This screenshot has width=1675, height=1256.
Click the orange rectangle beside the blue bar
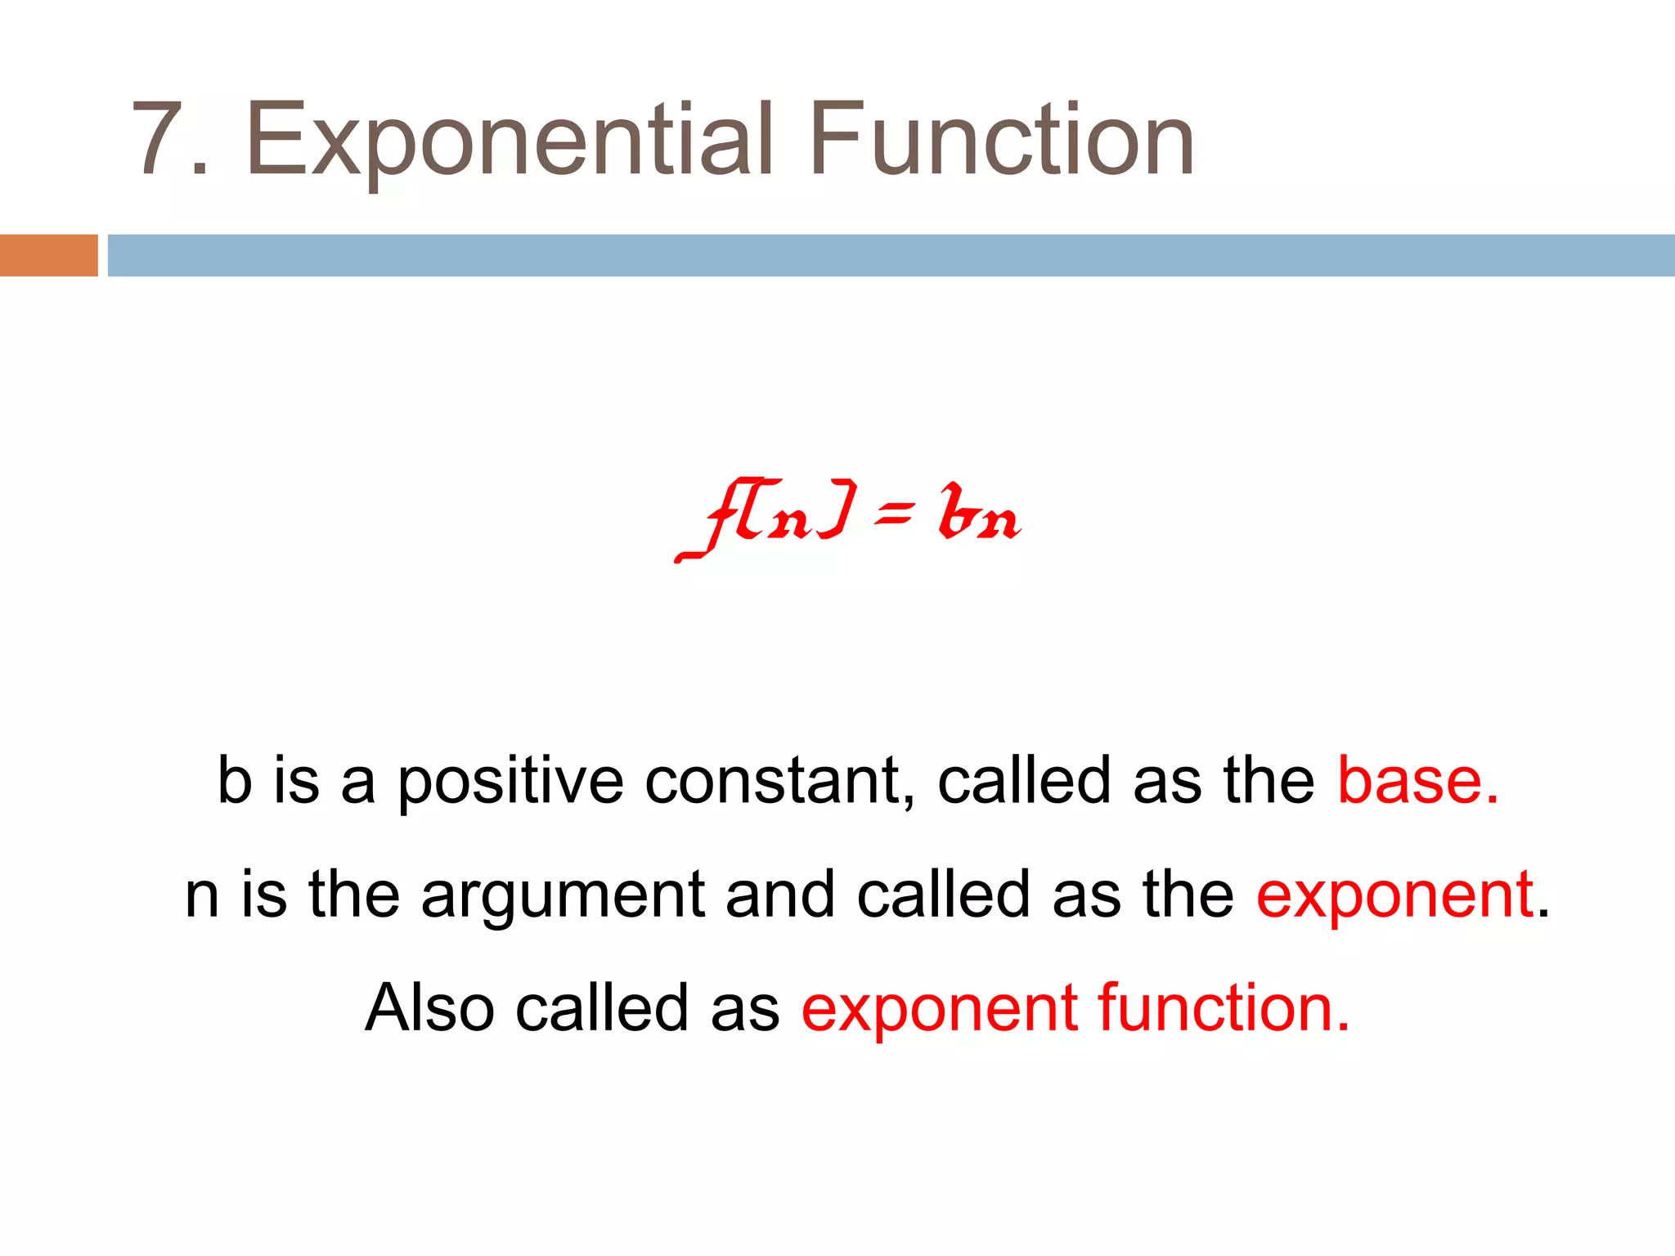[x=48, y=255]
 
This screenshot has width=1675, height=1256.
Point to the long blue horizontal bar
[x=891, y=255]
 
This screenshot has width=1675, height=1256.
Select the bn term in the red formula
[x=979, y=514]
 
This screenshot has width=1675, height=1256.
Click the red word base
[x=1417, y=780]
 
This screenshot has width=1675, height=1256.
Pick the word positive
[x=510, y=782]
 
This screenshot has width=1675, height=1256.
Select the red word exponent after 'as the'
[x=1394, y=896]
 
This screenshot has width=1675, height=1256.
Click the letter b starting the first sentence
[x=235, y=780]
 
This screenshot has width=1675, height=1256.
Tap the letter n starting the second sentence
[x=202, y=896]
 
